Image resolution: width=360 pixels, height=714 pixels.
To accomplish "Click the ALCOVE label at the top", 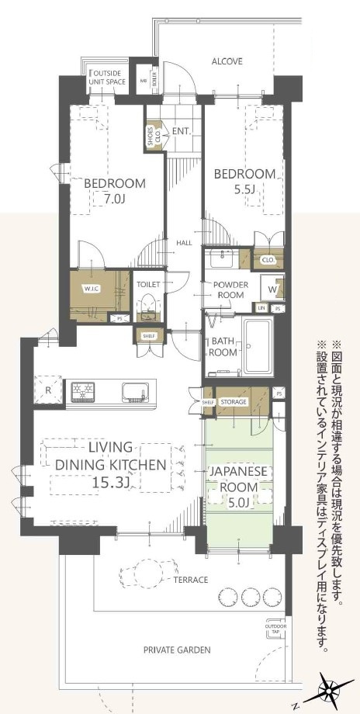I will (x=227, y=61).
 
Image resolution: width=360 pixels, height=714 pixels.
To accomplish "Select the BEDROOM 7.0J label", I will (x=115, y=191).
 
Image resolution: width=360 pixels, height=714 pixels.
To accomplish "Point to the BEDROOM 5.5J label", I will (x=244, y=181).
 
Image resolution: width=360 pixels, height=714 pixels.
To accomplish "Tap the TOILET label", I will (x=148, y=285).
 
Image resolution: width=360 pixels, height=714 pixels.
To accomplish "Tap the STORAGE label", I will (x=233, y=402).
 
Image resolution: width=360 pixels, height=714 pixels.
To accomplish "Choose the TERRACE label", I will (x=191, y=580).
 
